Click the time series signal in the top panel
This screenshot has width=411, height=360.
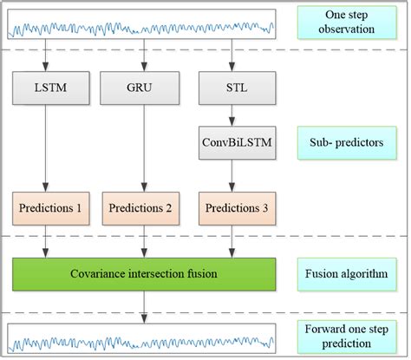click(x=142, y=27)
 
